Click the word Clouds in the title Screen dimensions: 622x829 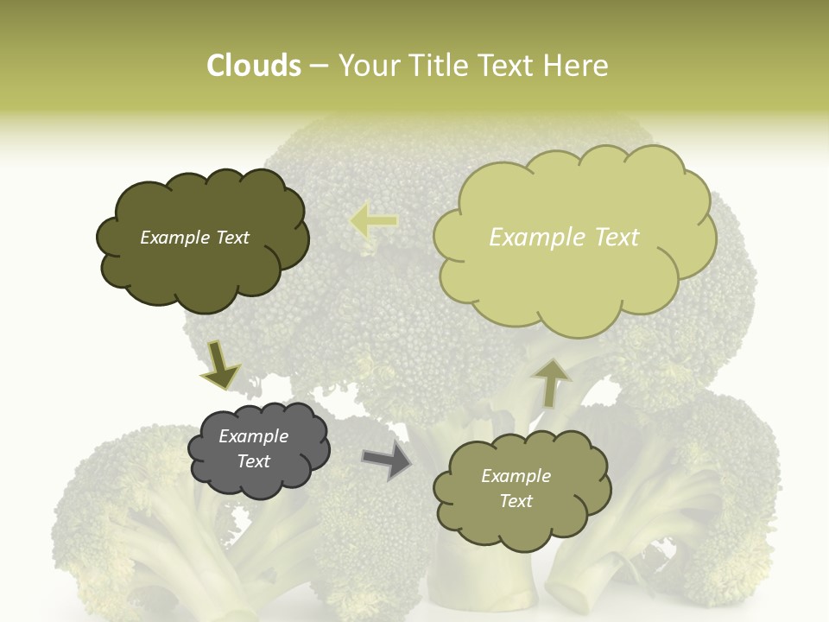pyautogui.click(x=253, y=66)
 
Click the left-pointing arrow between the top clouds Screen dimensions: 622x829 pyautogui.click(x=374, y=221)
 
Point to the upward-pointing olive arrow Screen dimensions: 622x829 pyautogui.click(x=551, y=383)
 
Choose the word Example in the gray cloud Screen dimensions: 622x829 pyautogui.click(x=254, y=436)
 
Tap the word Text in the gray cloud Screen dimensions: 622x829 pyautogui.click(x=254, y=461)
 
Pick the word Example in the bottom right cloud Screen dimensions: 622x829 pyautogui.click(x=516, y=476)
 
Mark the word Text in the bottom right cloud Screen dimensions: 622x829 pyautogui.click(x=516, y=501)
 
